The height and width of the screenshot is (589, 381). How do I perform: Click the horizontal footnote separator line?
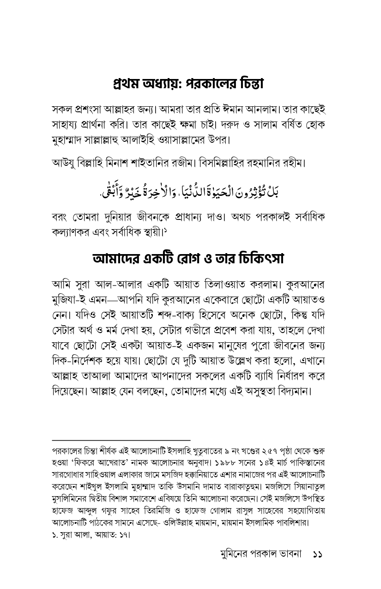[121, 440]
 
